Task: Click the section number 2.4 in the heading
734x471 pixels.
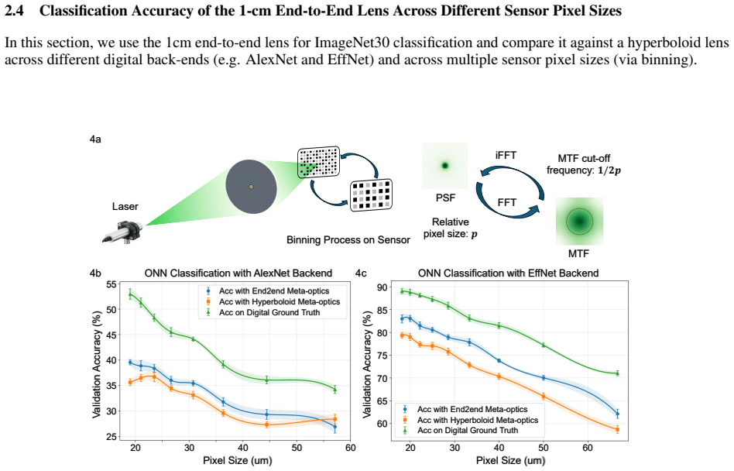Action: (x=14, y=10)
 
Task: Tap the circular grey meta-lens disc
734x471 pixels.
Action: (x=251, y=187)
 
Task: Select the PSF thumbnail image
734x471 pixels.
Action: (x=444, y=166)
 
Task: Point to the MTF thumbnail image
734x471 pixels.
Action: (x=579, y=222)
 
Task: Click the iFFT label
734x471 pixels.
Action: (x=506, y=156)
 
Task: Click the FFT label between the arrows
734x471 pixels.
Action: (x=507, y=202)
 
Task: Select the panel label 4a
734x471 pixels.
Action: (x=95, y=139)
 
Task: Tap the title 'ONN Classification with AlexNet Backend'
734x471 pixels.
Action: (x=238, y=273)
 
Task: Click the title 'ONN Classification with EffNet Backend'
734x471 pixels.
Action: (x=509, y=273)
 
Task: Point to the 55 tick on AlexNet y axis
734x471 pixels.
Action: (x=111, y=284)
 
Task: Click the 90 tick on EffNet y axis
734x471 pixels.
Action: (x=382, y=287)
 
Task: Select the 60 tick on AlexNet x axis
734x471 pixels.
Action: (x=350, y=448)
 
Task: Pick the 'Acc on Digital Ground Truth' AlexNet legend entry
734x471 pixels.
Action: (x=269, y=312)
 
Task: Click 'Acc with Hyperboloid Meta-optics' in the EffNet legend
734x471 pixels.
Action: (x=478, y=420)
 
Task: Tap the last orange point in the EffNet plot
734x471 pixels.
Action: (x=617, y=429)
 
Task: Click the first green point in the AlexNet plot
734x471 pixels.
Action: (x=130, y=294)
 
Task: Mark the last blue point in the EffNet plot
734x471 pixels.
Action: (x=617, y=414)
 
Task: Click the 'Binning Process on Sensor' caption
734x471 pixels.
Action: (x=348, y=239)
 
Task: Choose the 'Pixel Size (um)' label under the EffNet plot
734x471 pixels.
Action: (x=511, y=460)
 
